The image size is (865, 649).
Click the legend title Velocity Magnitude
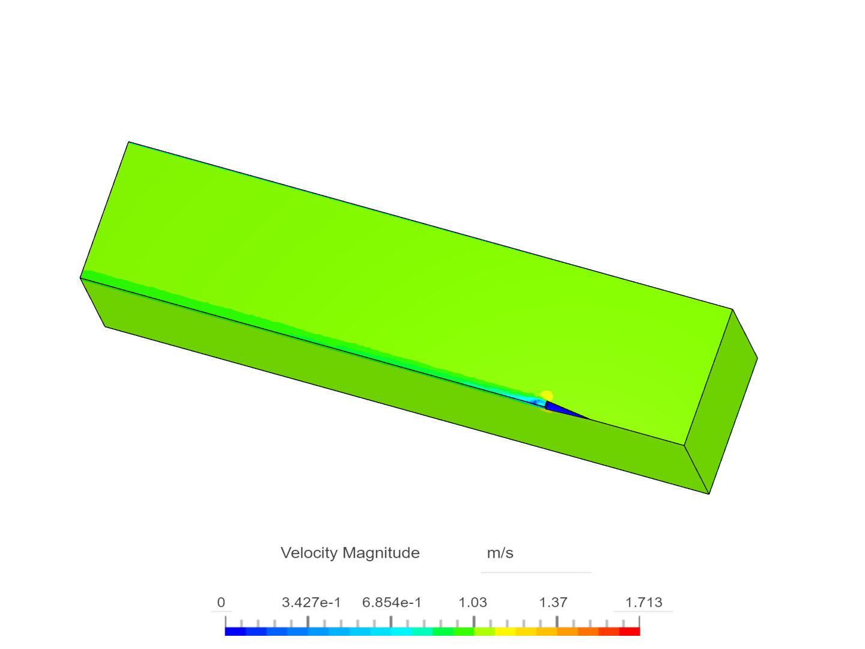tap(350, 553)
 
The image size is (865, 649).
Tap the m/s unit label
tap(500, 553)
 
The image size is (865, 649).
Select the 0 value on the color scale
tap(221, 602)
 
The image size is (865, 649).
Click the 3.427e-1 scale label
tap(311, 602)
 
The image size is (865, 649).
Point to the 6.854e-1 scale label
tap(392, 602)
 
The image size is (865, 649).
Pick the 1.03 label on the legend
tap(473, 602)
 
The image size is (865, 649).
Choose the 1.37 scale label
tap(553, 602)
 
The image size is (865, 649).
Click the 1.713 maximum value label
tap(644, 602)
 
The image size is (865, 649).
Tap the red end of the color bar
tap(630, 632)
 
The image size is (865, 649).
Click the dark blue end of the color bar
tap(235, 632)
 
